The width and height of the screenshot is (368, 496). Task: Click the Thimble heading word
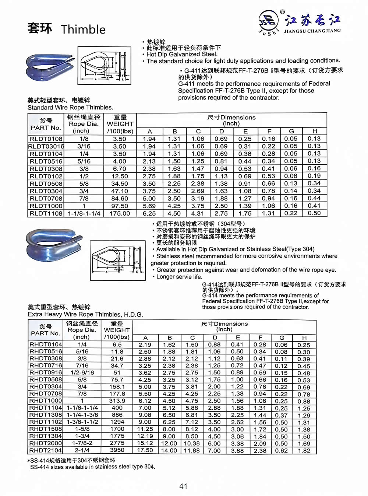[x=83, y=29]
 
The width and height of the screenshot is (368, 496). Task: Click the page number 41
[x=183, y=486]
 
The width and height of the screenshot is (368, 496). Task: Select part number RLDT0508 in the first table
[x=46, y=184]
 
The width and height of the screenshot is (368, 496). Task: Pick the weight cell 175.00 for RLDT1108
[x=120, y=213]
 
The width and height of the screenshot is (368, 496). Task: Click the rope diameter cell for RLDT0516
[x=84, y=161]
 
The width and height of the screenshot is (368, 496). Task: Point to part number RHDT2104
[x=46, y=450]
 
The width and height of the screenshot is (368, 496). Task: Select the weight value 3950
[x=117, y=450]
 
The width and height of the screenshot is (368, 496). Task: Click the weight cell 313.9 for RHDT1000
[x=117, y=401]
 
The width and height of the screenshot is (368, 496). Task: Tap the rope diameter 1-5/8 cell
[x=82, y=429]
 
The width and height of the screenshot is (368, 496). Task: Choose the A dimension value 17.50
[x=145, y=450]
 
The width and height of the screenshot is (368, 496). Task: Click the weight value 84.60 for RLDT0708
[x=120, y=199]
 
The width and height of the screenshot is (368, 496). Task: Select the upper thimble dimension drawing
[x=104, y=65]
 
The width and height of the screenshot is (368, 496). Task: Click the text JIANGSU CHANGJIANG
[x=312, y=31]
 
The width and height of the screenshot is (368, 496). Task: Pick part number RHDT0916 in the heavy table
[x=46, y=373]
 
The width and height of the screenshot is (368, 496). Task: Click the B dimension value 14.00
[x=169, y=450]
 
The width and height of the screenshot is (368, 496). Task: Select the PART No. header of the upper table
[x=46, y=124]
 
